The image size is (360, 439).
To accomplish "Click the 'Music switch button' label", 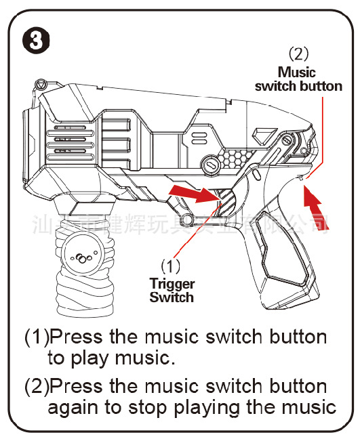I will (298, 79).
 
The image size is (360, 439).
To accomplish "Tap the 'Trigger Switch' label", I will (172, 291).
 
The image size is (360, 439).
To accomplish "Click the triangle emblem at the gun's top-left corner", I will (40, 85).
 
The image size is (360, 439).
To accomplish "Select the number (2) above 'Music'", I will (298, 53).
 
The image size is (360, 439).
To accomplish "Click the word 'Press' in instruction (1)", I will (76, 337).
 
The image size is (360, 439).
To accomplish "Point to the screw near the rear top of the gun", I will (288, 141).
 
